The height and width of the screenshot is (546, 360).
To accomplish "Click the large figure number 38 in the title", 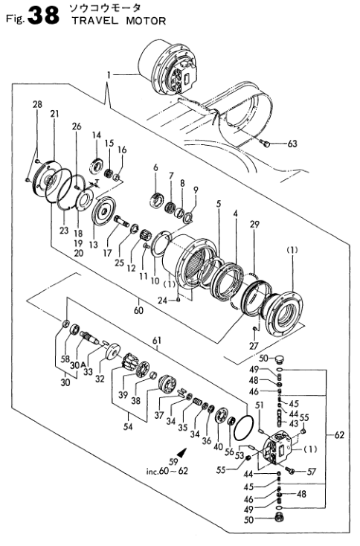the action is [43, 16].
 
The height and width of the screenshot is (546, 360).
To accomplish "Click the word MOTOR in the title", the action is [146, 22].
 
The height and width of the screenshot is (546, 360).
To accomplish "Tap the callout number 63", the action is [292, 144].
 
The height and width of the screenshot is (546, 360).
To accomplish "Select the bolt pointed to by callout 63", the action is [264, 142].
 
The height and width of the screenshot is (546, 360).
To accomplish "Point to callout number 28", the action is [37, 103].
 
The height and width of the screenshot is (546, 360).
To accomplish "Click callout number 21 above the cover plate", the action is [54, 114].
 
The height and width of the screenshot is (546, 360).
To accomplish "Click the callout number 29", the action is [255, 224].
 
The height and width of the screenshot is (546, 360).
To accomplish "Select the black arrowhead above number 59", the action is [181, 452].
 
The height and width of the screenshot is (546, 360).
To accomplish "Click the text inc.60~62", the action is [167, 471].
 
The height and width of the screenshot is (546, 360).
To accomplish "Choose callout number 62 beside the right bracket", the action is [338, 435].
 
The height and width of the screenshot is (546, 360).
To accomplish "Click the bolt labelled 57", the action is [290, 470].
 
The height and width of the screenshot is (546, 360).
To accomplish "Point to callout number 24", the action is [163, 301].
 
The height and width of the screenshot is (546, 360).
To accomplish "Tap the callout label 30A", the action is [77, 365].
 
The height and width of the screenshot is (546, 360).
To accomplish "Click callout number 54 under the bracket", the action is [128, 426].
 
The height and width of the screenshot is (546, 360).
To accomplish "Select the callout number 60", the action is [138, 310].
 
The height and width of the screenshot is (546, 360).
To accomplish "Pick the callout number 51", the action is [260, 405].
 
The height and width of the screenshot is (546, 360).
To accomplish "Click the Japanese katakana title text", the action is [105, 8].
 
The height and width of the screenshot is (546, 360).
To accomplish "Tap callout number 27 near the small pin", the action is [254, 345].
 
